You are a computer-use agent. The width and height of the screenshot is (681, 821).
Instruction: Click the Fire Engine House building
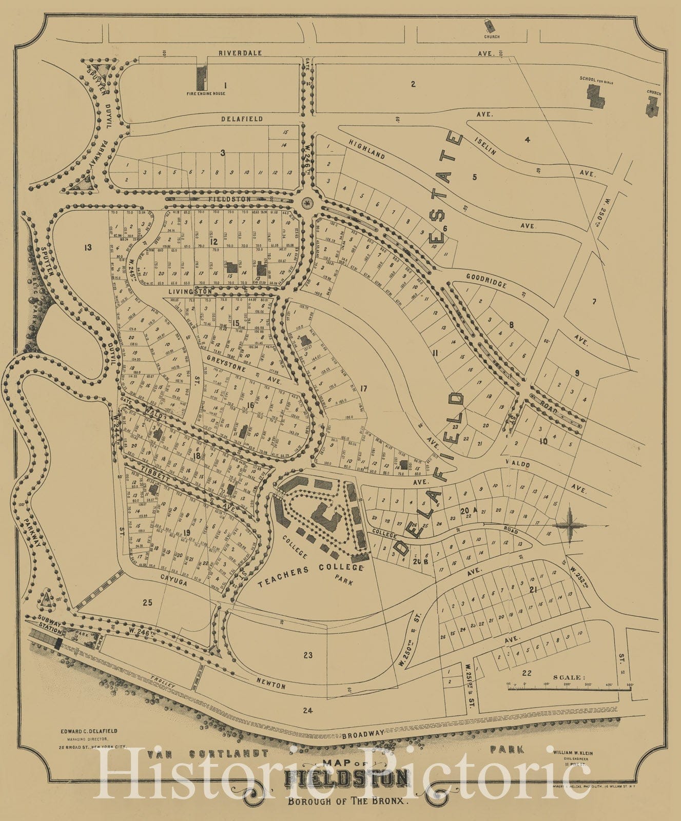click(200, 79)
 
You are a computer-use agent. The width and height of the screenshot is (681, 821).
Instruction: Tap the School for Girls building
click(595, 96)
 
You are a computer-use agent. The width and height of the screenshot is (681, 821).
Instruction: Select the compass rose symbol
click(571, 525)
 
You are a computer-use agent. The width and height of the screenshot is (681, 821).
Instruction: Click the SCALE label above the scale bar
click(568, 677)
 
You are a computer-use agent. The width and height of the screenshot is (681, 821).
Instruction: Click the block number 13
click(88, 248)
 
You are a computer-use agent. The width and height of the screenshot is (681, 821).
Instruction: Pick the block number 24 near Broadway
click(307, 710)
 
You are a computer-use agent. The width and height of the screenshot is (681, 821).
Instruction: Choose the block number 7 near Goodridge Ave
click(594, 302)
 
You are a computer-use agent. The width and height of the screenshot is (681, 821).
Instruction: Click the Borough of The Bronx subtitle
click(348, 802)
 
